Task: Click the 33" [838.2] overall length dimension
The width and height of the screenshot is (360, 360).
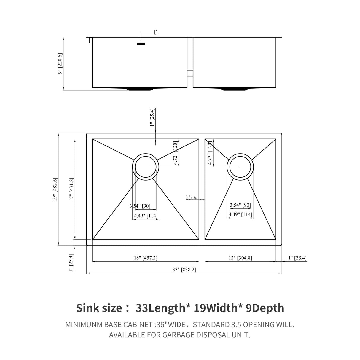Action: pos(184,270)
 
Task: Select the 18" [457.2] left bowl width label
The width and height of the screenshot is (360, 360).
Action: pos(145,258)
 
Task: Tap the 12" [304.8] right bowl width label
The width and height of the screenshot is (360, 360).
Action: pos(240,258)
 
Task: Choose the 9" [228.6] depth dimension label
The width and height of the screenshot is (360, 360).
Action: pos(60,64)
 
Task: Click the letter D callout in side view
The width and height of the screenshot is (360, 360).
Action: pos(155,33)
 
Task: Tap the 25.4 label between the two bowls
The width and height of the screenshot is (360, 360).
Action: pos(192,197)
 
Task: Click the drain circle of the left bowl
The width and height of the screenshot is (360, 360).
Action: pos(145,167)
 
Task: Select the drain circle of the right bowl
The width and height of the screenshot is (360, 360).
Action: pos(240,167)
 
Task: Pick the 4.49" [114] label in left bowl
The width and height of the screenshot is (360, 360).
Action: pos(145,216)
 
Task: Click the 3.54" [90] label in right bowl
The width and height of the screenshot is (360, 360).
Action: pos(240,205)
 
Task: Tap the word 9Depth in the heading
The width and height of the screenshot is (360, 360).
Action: pos(265,308)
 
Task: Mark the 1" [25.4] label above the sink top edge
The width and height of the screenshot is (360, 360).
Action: pos(152,117)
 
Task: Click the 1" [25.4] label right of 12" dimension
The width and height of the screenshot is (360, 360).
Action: pos(297,258)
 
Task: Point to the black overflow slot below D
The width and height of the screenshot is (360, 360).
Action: pos(141,44)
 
